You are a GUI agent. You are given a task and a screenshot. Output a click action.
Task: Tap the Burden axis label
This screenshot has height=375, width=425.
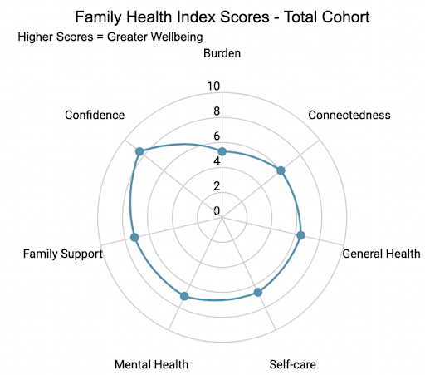(222, 54)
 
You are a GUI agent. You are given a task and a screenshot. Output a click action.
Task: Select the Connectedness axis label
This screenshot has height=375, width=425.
(349, 115)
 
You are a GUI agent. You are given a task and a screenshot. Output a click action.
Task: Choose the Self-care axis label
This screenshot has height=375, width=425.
(293, 364)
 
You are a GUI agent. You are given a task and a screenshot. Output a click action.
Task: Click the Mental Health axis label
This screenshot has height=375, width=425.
(151, 364)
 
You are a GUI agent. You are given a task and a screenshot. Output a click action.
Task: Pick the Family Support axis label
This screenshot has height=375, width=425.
(63, 254)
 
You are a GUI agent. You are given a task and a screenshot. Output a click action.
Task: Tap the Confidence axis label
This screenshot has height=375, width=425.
(95, 115)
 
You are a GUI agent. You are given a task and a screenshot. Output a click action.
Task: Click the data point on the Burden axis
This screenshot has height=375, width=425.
(222, 151)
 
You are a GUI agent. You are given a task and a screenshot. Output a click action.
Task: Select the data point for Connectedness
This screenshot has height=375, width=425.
(281, 170)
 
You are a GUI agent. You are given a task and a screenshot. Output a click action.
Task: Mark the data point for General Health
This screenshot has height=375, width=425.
(301, 235)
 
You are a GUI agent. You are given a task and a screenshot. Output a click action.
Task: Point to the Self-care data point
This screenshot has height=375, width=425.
(258, 292)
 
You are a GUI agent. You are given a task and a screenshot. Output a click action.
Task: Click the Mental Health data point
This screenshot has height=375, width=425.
(184, 296)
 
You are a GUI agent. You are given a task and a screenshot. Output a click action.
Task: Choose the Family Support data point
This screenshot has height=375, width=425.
(135, 239)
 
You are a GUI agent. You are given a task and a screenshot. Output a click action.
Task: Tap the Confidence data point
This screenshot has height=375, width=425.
(139, 151)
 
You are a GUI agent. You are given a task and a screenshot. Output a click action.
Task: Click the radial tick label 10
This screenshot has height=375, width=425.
(213, 87)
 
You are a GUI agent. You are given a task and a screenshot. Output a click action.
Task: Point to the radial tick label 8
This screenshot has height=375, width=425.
(217, 112)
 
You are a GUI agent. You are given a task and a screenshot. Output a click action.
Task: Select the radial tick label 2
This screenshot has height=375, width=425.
(217, 186)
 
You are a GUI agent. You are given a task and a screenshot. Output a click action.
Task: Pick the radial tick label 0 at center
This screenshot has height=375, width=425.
(217, 210)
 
